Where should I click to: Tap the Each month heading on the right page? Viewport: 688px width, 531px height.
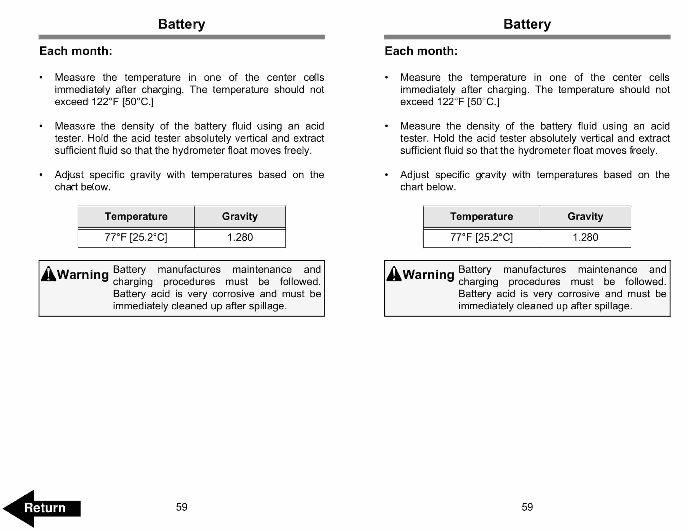point(421,51)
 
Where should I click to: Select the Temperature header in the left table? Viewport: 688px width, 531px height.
point(136,216)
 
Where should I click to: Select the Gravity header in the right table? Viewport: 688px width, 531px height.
point(585,216)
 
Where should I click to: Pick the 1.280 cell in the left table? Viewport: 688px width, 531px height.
point(240,237)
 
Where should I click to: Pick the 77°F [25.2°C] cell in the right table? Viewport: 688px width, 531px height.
point(481,237)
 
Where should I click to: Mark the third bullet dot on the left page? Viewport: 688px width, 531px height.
point(41,175)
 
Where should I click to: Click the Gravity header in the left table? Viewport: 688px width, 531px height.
point(240,216)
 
